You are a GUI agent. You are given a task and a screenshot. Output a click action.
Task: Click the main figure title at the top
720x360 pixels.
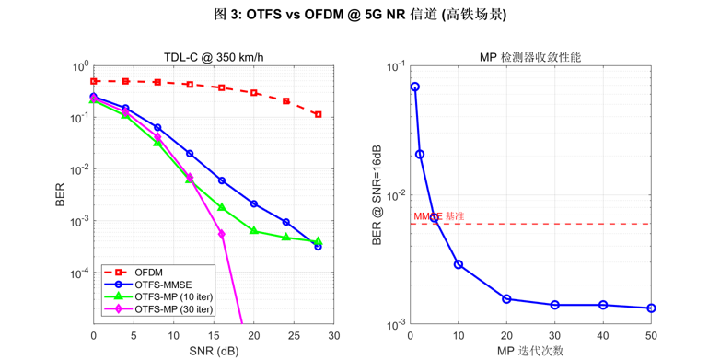(360, 15)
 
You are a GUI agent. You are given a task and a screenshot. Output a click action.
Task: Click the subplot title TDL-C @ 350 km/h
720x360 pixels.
(213, 57)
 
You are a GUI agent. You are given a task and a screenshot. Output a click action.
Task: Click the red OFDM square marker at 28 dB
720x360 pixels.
(319, 114)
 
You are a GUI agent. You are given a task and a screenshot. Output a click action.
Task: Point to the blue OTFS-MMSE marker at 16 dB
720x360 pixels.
(222, 180)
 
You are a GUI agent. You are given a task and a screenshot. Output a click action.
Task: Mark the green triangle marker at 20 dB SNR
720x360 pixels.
(254, 231)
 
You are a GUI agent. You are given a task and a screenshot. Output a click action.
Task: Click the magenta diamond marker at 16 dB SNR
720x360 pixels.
(222, 234)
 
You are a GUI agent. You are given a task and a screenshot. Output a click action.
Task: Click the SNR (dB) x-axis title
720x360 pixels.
(213, 351)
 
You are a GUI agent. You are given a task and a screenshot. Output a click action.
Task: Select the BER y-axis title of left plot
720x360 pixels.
(61, 195)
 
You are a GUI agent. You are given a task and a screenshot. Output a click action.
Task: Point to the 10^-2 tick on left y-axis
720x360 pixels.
(78, 169)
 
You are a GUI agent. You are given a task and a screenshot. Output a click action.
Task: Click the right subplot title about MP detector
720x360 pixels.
(530, 57)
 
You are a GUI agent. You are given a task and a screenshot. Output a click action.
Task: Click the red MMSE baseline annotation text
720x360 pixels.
(438, 216)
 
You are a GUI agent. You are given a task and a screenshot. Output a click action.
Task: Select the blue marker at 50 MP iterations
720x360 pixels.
(652, 308)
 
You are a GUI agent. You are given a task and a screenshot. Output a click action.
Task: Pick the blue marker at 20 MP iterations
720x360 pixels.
(506, 298)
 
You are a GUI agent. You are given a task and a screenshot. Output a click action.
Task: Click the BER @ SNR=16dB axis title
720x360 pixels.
(377, 195)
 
